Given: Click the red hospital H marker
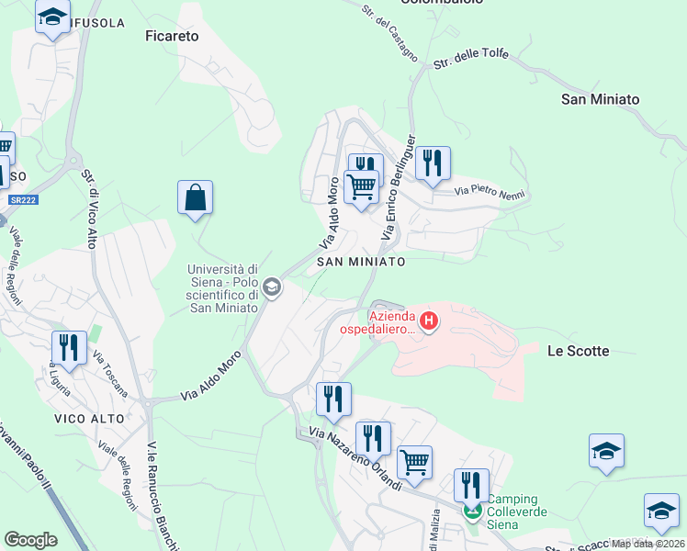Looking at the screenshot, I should point(428,321).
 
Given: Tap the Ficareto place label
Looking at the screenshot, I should point(172,37).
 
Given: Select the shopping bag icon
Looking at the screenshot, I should point(195,197).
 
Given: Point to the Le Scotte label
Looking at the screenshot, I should point(578,351).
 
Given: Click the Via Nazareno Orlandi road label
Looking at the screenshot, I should point(355,458).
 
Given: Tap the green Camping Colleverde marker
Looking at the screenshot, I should point(472,510).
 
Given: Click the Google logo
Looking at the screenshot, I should point(30,540).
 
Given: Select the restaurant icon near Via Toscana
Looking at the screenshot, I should point(69,347).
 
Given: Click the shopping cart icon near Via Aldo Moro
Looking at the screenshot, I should point(361,187).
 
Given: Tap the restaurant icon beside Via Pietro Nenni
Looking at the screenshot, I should point(432,163).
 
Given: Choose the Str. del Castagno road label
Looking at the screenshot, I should point(389,33).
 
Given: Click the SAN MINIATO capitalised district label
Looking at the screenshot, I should point(361,262).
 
